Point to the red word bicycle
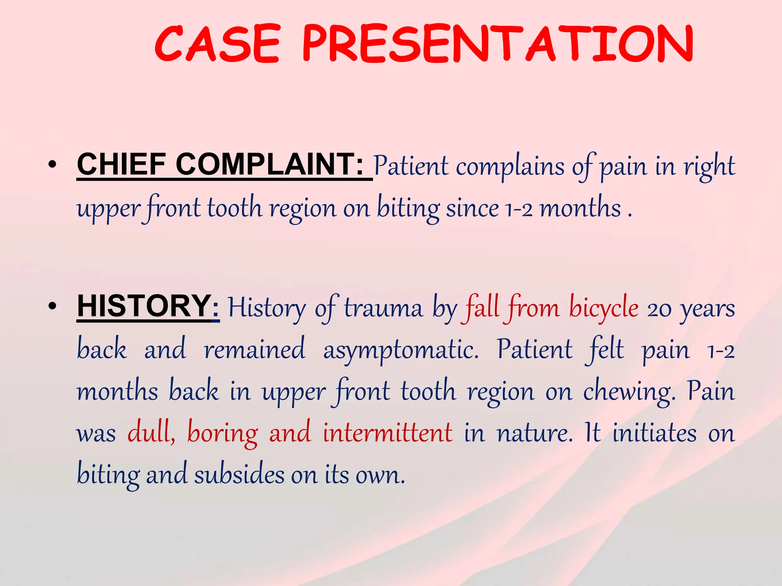(603, 307)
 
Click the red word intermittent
(388, 433)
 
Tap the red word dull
(151, 433)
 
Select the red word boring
(222, 434)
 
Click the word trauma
(383, 308)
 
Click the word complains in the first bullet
(510, 167)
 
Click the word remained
(255, 349)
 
